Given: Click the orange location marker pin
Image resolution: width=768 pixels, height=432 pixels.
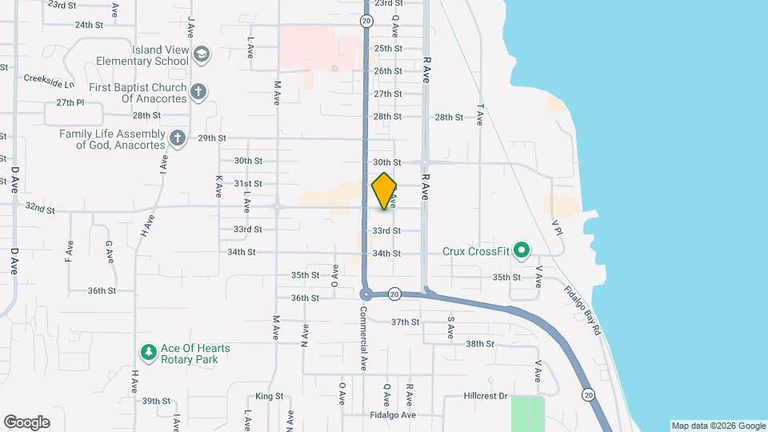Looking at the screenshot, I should (x=384, y=191).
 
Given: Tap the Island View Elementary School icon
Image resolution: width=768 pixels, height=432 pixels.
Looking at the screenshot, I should (x=203, y=54).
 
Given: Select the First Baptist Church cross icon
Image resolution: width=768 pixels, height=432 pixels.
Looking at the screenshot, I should (x=199, y=92).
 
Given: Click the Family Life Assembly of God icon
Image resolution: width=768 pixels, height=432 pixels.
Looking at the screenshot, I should (x=178, y=138).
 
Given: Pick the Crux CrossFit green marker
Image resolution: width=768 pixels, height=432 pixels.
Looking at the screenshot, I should (x=521, y=251).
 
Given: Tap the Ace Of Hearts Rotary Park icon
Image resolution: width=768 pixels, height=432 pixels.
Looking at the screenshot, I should (x=147, y=353).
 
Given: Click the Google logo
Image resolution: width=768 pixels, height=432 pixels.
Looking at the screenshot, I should (x=26, y=422).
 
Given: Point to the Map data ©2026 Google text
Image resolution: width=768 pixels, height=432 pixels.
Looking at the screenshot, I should (x=718, y=426).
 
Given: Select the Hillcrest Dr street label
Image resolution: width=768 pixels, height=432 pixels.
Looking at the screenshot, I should (x=486, y=396).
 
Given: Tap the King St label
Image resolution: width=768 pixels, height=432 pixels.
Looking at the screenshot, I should (x=270, y=396).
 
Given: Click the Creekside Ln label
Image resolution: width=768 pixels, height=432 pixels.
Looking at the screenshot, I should (x=49, y=80).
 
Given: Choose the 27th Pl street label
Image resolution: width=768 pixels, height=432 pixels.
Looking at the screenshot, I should (x=70, y=102).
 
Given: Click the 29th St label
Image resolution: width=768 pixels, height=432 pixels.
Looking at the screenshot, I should (x=212, y=138).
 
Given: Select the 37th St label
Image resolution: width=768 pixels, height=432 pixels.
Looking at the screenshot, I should (x=405, y=322).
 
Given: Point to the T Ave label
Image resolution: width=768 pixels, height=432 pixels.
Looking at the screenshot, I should (x=481, y=114).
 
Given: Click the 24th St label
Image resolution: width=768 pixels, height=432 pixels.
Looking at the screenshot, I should (x=89, y=25).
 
